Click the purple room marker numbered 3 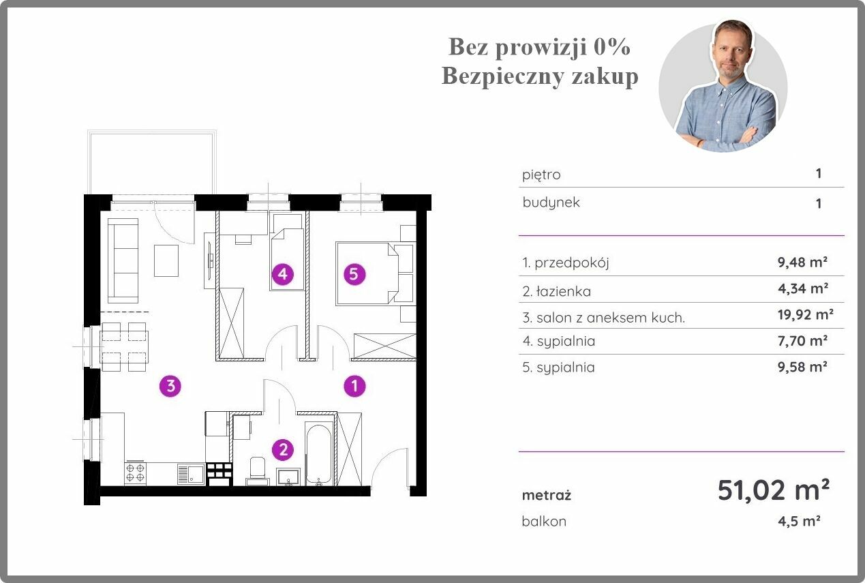tap(170, 385)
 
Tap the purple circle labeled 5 tap(354, 274)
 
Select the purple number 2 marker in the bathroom tap(283, 450)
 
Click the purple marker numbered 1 tap(354, 385)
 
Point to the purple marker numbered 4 tap(283, 274)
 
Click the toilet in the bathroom tap(258, 471)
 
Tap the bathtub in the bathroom tap(319, 454)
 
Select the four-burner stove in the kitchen tap(135, 473)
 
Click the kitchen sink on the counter tap(190, 474)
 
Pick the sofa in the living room tap(123, 260)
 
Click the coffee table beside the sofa tap(166, 260)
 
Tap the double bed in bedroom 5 tap(367, 273)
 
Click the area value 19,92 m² tap(806, 315)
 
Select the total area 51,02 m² tap(774, 490)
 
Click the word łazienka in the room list tap(564, 291)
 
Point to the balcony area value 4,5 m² tap(799, 521)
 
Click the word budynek tap(551, 203)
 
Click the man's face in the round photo tap(732, 52)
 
